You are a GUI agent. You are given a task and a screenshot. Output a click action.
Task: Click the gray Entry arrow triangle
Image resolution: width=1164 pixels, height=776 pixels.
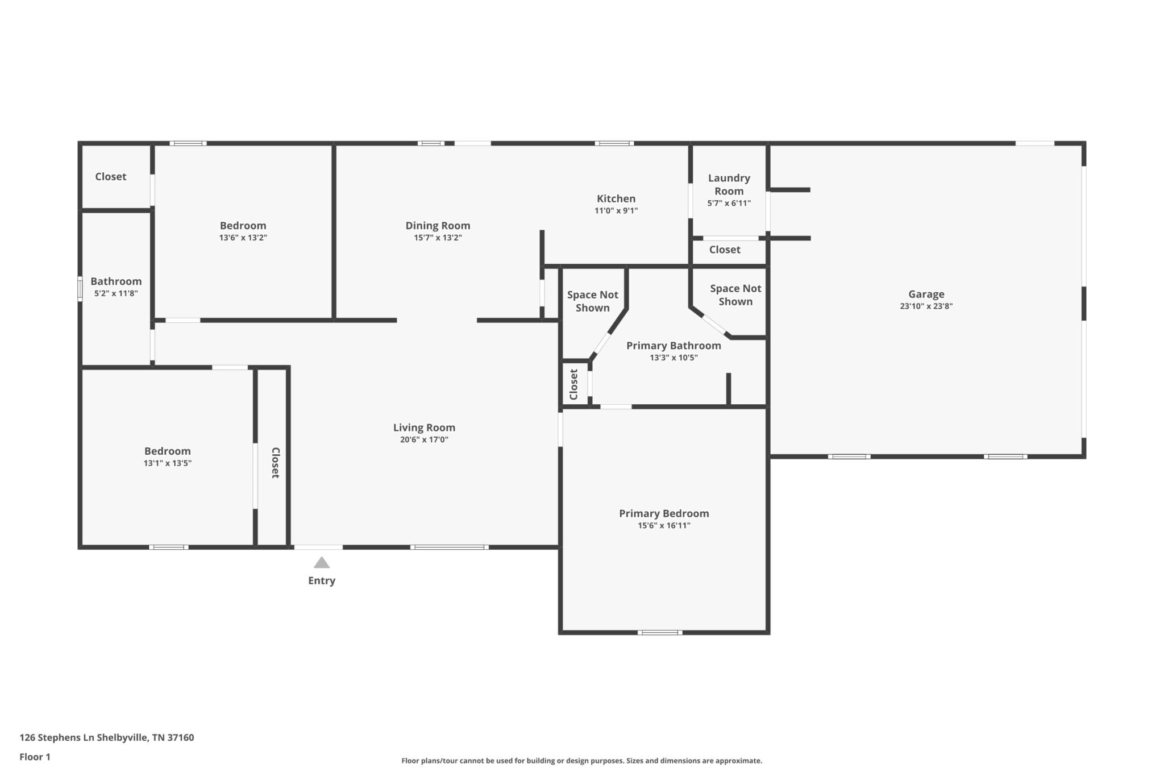pyautogui.click(x=322, y=562)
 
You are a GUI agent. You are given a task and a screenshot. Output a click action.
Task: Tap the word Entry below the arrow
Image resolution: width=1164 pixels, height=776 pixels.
pyautogui.click(x=322, y=580)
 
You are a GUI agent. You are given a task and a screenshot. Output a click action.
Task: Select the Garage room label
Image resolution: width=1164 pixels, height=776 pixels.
pyautogui.click(x=926, y=294)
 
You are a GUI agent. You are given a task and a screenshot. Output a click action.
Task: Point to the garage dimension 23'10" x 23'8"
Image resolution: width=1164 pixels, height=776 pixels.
pyautogui.click(x=926, y=306)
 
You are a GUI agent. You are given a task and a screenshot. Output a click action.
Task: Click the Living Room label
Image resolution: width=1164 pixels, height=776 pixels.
pyautogui.click(x=424, y=428)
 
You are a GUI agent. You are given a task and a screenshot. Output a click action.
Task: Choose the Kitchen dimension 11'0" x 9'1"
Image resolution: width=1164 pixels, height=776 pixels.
pyautogui.click(x=616, y=210)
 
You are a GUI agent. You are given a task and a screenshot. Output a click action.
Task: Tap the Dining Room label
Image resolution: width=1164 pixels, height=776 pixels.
pyautogui.click(x=438, y=225)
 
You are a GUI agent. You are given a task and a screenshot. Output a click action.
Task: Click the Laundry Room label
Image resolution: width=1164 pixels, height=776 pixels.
pyautogui.click(x=729, y=184)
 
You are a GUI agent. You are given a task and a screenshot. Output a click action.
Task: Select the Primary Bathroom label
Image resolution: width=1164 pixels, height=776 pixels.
pyautogui.click(x=674, y=345)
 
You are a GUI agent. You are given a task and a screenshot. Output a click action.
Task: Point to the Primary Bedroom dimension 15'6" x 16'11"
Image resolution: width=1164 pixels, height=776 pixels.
pyautogui.click(x=664, y=525)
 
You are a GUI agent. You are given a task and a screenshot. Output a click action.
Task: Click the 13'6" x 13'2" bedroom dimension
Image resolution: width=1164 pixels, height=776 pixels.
pyautogui.click(x=243, y=238)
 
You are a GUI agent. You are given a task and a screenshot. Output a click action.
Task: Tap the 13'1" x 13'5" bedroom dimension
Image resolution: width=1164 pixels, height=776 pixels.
pyautogui.click(x=167, y=463)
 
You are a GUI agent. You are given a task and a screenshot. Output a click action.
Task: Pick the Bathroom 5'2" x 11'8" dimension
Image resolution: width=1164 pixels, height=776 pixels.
pyautogui.click(x=116, y=293)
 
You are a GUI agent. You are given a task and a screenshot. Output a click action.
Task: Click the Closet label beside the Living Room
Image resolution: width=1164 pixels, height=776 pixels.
pyautogui.click(x=276, y=463)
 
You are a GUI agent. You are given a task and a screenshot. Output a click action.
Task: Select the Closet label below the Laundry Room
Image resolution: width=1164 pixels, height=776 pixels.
pyautogui.click(x=725, y=250)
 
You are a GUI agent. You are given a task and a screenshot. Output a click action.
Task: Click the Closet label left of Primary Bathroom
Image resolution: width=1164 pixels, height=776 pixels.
pyautogui.click(x=573, y=384)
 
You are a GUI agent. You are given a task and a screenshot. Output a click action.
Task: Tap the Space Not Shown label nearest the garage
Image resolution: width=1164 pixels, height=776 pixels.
pyautogui.click(x=735, y=295)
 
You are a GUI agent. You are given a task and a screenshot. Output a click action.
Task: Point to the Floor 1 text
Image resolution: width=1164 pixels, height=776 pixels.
pyautogui.click(x=35, y=757)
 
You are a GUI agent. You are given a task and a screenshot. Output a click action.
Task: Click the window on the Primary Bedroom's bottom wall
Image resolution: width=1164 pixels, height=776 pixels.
pyautogui.click(x=660, y=632)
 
